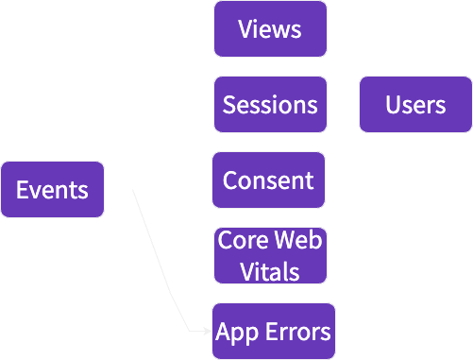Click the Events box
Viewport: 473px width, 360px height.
(x=52, y=190)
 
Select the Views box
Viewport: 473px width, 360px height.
(x=270, y=28)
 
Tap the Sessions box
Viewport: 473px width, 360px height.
(x=270, y=104)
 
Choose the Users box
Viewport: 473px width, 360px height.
(x=415, y=104)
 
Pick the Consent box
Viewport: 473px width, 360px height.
(x=269, y=180)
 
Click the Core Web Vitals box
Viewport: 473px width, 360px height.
(x=270, y=255)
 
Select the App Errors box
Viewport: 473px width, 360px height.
(x=273, y=332)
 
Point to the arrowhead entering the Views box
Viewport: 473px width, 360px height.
(x=209, y=28)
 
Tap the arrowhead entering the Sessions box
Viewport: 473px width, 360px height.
(x=209, y=104)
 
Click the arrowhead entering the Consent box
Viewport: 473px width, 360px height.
(x=208, y=180)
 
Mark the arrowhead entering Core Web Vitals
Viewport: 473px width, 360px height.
(x=209, y=255)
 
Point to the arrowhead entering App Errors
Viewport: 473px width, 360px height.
(x=208, y=332)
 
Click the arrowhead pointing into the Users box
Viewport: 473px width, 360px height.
(x=354, y=104)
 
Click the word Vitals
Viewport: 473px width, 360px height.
(x=270, y=272)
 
